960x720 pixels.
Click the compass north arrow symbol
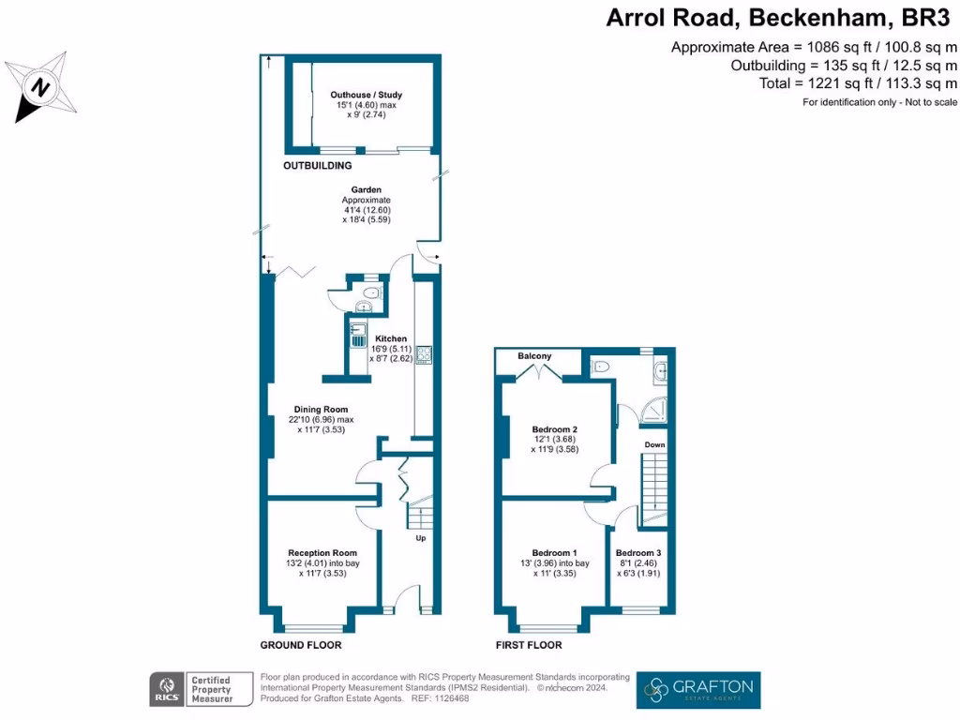tap(39, 88)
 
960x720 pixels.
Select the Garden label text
tap(366, 189)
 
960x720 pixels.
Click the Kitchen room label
tap(391, 338)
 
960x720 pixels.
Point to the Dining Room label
tap(322, 409)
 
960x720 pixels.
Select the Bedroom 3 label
tap(638, 552)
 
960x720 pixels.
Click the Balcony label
tap(535, 356)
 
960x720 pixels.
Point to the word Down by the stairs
tap(653, 444)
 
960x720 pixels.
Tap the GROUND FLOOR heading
tap(300, 645)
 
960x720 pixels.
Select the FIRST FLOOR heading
tap(529, 645)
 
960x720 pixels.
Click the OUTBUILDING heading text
tap(318, 166)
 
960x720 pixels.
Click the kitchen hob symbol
tap(423, 354)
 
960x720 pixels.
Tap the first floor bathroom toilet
tap(601, 366)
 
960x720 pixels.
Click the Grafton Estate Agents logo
tap(698, 690)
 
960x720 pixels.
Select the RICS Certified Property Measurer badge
tap(202, 690)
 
